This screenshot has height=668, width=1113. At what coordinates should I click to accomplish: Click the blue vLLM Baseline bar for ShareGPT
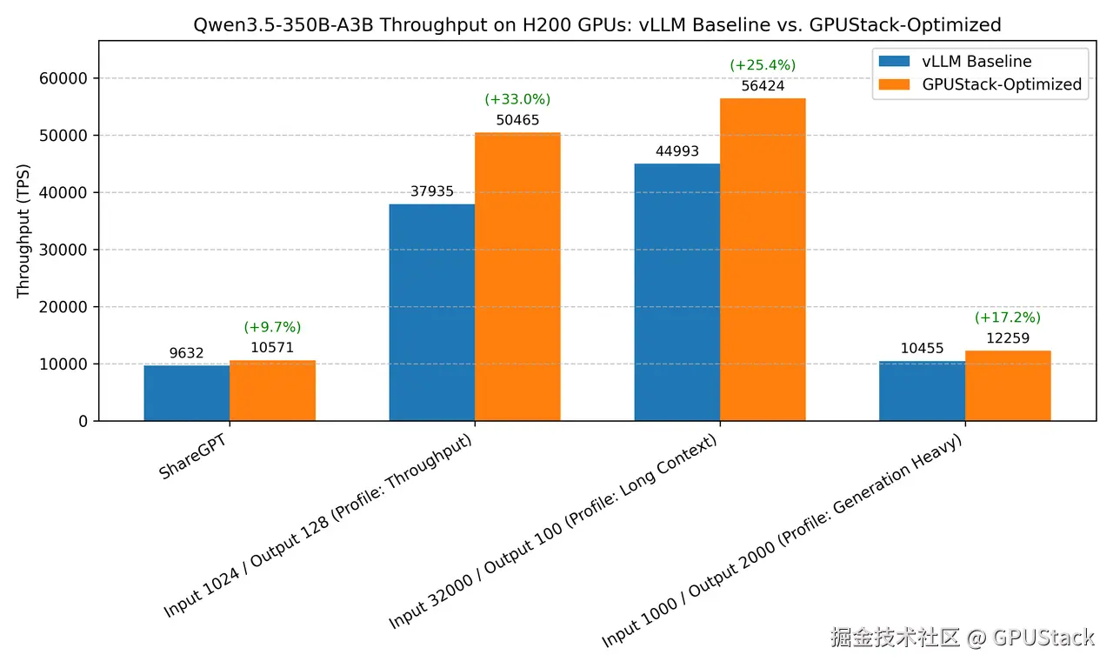[187, 393]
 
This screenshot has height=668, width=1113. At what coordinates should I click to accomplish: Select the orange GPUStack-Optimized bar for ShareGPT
[272, 391]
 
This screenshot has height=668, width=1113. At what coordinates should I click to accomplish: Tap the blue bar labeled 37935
[432, 312]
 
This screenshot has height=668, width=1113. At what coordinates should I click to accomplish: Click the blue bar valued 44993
[677, 292]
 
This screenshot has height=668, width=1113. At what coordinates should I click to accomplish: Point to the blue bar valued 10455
[922, 391]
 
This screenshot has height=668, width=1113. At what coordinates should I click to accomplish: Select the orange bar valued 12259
[1008, 385]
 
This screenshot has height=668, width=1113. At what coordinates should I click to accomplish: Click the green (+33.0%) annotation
[517, 100]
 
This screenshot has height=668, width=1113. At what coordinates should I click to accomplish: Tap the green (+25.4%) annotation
[763, 65]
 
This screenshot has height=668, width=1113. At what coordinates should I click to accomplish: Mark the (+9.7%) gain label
[272, 327]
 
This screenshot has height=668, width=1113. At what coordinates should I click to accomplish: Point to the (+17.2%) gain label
[1008, 317]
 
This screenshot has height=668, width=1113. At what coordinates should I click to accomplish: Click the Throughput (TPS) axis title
[23, 230]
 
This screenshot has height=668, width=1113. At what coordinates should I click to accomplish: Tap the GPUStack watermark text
[961, 638]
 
